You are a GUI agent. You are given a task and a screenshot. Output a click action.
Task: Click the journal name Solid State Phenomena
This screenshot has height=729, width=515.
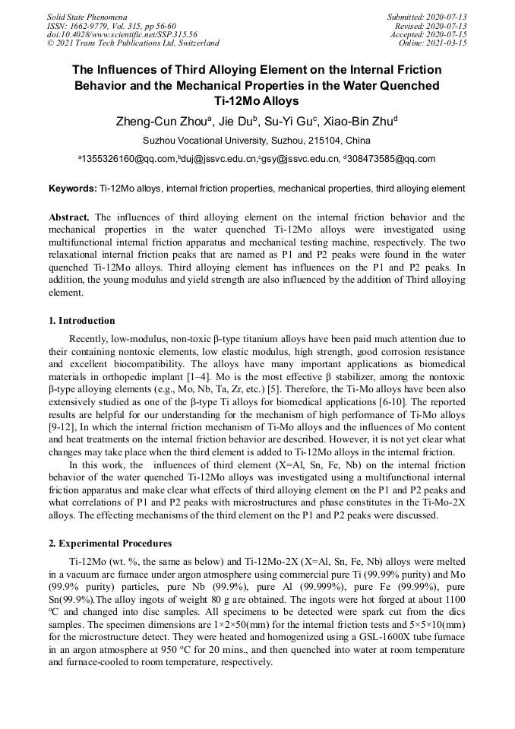[x=87, y=16]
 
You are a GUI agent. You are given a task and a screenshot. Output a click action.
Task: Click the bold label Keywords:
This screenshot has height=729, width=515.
[x=72, y=188]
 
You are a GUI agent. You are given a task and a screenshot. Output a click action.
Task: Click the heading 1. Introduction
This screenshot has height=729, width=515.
[x=82, y=320]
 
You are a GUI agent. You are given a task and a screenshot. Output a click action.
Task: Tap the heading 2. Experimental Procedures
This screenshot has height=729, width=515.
[x=110, y=544]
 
